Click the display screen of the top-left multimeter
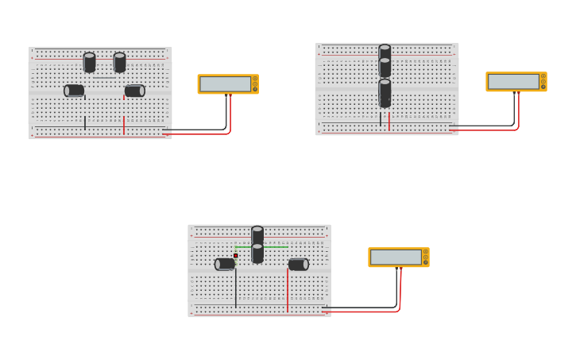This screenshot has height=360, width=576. click(225, 83)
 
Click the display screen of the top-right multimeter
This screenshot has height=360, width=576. click(513, 81)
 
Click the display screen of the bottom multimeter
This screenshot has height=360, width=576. click(396, 257)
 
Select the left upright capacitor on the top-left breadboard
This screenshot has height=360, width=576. click(89, 62)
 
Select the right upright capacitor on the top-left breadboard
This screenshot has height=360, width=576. click(119, 62)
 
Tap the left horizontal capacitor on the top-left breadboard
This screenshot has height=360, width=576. click(74, 91)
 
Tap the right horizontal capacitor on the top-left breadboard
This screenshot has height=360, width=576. click(134, 91)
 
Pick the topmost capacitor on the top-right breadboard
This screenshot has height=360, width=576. click(385, 52)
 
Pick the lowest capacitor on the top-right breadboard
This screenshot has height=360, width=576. click(385, 92)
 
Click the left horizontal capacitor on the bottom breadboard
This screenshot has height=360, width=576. click(225, 264)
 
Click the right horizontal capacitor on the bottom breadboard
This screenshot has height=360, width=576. click(298, 264)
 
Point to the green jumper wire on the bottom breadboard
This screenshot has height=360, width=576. click(275, 247)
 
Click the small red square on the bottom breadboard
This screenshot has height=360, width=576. click(236, 255)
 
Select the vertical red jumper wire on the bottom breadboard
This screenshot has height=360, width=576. click(288, 290)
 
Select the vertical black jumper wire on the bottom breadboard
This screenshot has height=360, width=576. click(236, 288)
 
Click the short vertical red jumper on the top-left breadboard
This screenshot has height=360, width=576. click(124, 126)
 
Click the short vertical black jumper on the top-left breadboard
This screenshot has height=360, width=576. click(85, 122)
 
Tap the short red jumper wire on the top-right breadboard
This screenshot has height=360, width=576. click(389, 121)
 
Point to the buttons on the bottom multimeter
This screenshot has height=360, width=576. click(426, 257)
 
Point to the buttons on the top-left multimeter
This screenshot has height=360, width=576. click(255, 83)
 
